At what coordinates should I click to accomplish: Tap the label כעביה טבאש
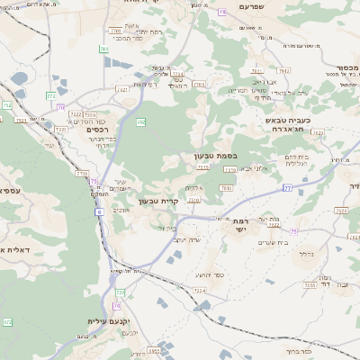[x=288, y=120]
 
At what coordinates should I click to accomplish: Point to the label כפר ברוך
[x=300, y=354]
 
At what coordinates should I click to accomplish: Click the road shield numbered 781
[x=104, y=49]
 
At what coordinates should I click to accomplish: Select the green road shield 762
[x=142, y=121]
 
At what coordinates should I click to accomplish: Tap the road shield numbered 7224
[x=199, y=292]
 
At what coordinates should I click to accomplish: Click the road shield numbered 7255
[x=309, y=285]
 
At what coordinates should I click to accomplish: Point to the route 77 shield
[x=287, y=188]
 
